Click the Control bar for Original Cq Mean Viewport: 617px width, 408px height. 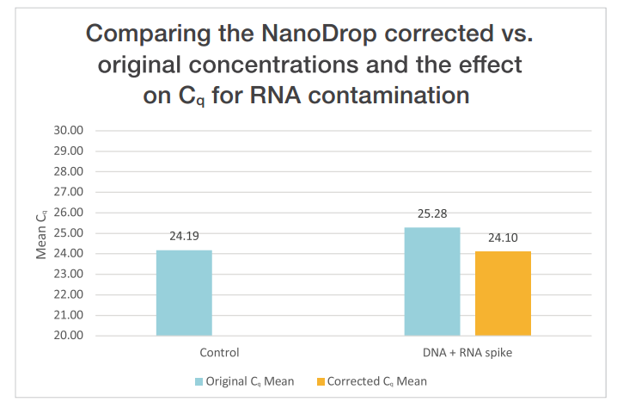184,293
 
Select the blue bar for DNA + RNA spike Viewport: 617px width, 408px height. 432,281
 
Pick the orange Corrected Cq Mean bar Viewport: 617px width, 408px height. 503,294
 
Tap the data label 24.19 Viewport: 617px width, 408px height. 184,235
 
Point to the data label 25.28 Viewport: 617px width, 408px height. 432,213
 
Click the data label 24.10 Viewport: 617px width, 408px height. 503,237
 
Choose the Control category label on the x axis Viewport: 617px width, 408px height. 218,352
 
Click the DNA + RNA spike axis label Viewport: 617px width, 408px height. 467,352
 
